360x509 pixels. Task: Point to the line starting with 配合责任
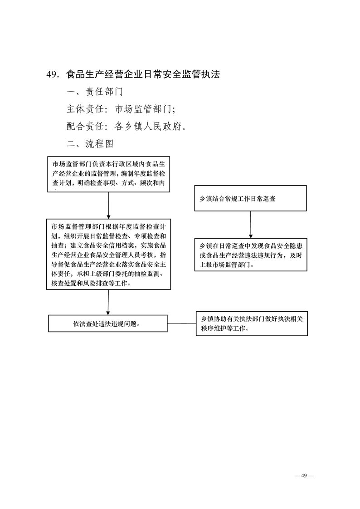tap(126, 126)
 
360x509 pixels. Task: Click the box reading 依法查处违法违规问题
tap(108, 324)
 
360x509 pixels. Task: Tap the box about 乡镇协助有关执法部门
tap(251, 323)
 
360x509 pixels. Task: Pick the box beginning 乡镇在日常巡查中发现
tap(250, 255)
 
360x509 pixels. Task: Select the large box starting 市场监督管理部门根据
tap(108, 254)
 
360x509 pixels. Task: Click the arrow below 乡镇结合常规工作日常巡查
tap(251, 225)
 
